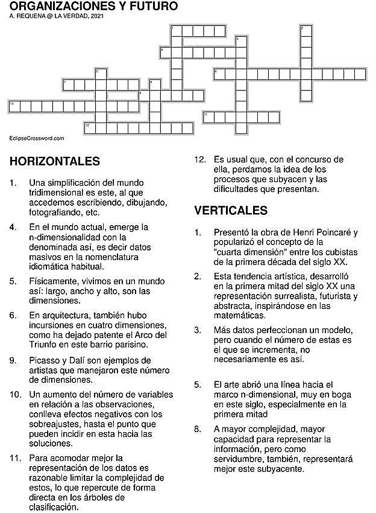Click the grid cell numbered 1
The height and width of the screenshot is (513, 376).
[177, 31]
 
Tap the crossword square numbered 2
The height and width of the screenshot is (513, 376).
[306, 31]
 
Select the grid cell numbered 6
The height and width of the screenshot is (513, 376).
[219, 74]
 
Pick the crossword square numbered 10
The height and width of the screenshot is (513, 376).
[13, 106]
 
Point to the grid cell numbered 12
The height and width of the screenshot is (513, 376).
[89, 127]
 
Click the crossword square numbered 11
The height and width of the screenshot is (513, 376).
[208, 116]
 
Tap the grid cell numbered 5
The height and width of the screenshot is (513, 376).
[100, 74]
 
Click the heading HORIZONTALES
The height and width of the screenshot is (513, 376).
[55, 161]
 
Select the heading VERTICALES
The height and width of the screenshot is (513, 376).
[231, 210]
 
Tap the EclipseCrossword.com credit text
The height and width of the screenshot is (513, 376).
[37, 138]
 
